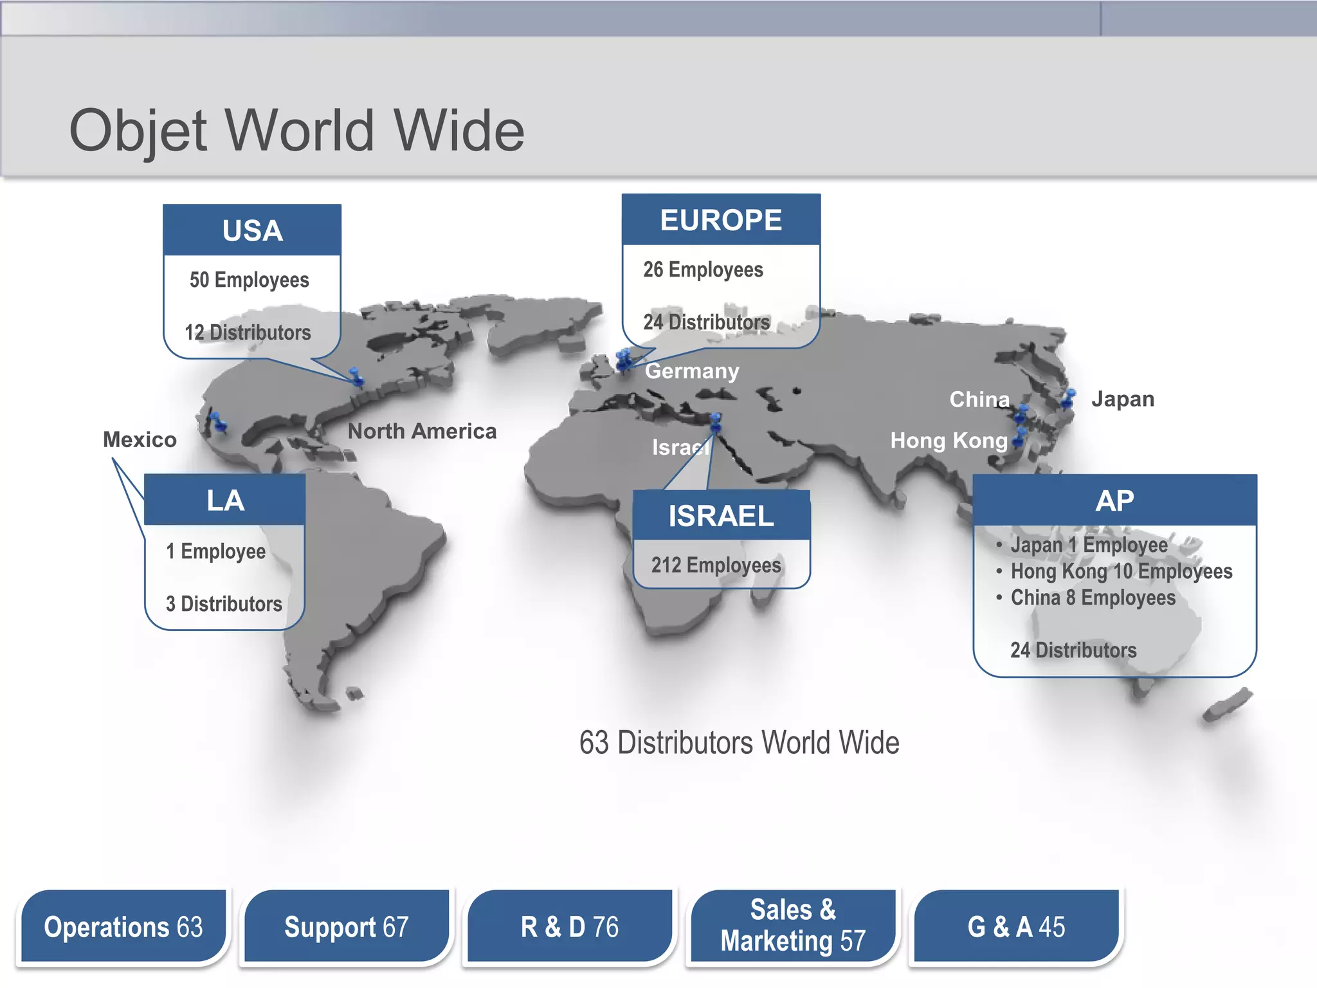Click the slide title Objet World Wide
296,131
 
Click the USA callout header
252,230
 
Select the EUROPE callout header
721,220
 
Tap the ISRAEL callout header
721,516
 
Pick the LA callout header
225,500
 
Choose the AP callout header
1114,500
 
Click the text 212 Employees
716,565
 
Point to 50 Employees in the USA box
250,280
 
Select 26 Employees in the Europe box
703,270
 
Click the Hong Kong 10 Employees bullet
1121,571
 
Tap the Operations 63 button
123,927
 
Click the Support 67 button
347,927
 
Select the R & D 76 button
570,927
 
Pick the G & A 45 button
1016,927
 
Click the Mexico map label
140,439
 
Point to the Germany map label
692,371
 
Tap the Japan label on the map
1123,399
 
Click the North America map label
422,431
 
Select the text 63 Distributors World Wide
739,743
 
